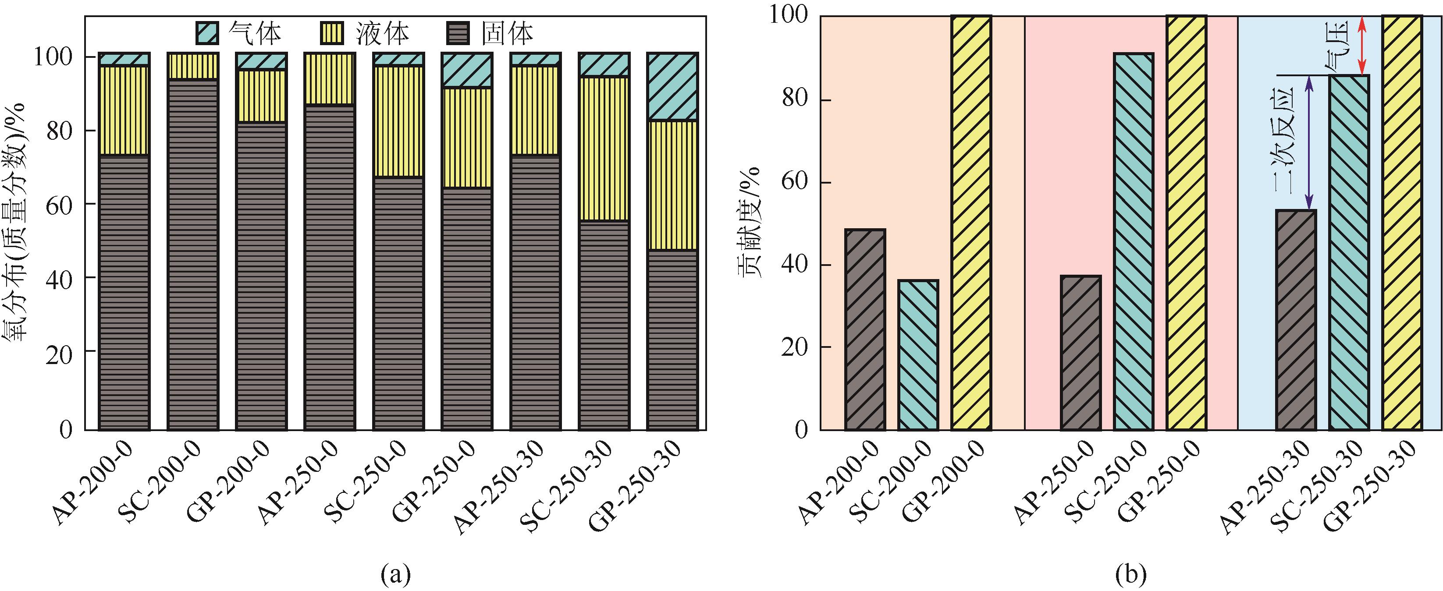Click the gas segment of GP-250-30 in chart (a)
[672, 87]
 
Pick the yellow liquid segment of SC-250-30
[604, 149]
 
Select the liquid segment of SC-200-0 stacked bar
[193, 67]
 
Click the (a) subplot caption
[395, 573]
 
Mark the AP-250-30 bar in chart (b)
[1296, 319]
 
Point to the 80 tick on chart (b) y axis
[794, 100]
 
